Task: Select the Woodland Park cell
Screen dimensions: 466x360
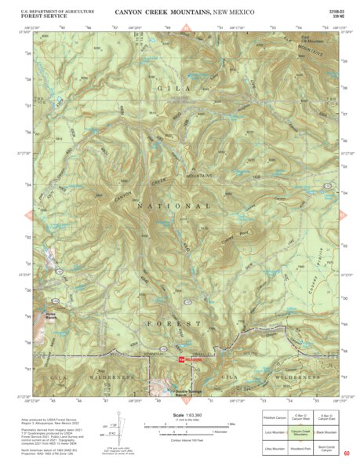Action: (301, 446)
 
